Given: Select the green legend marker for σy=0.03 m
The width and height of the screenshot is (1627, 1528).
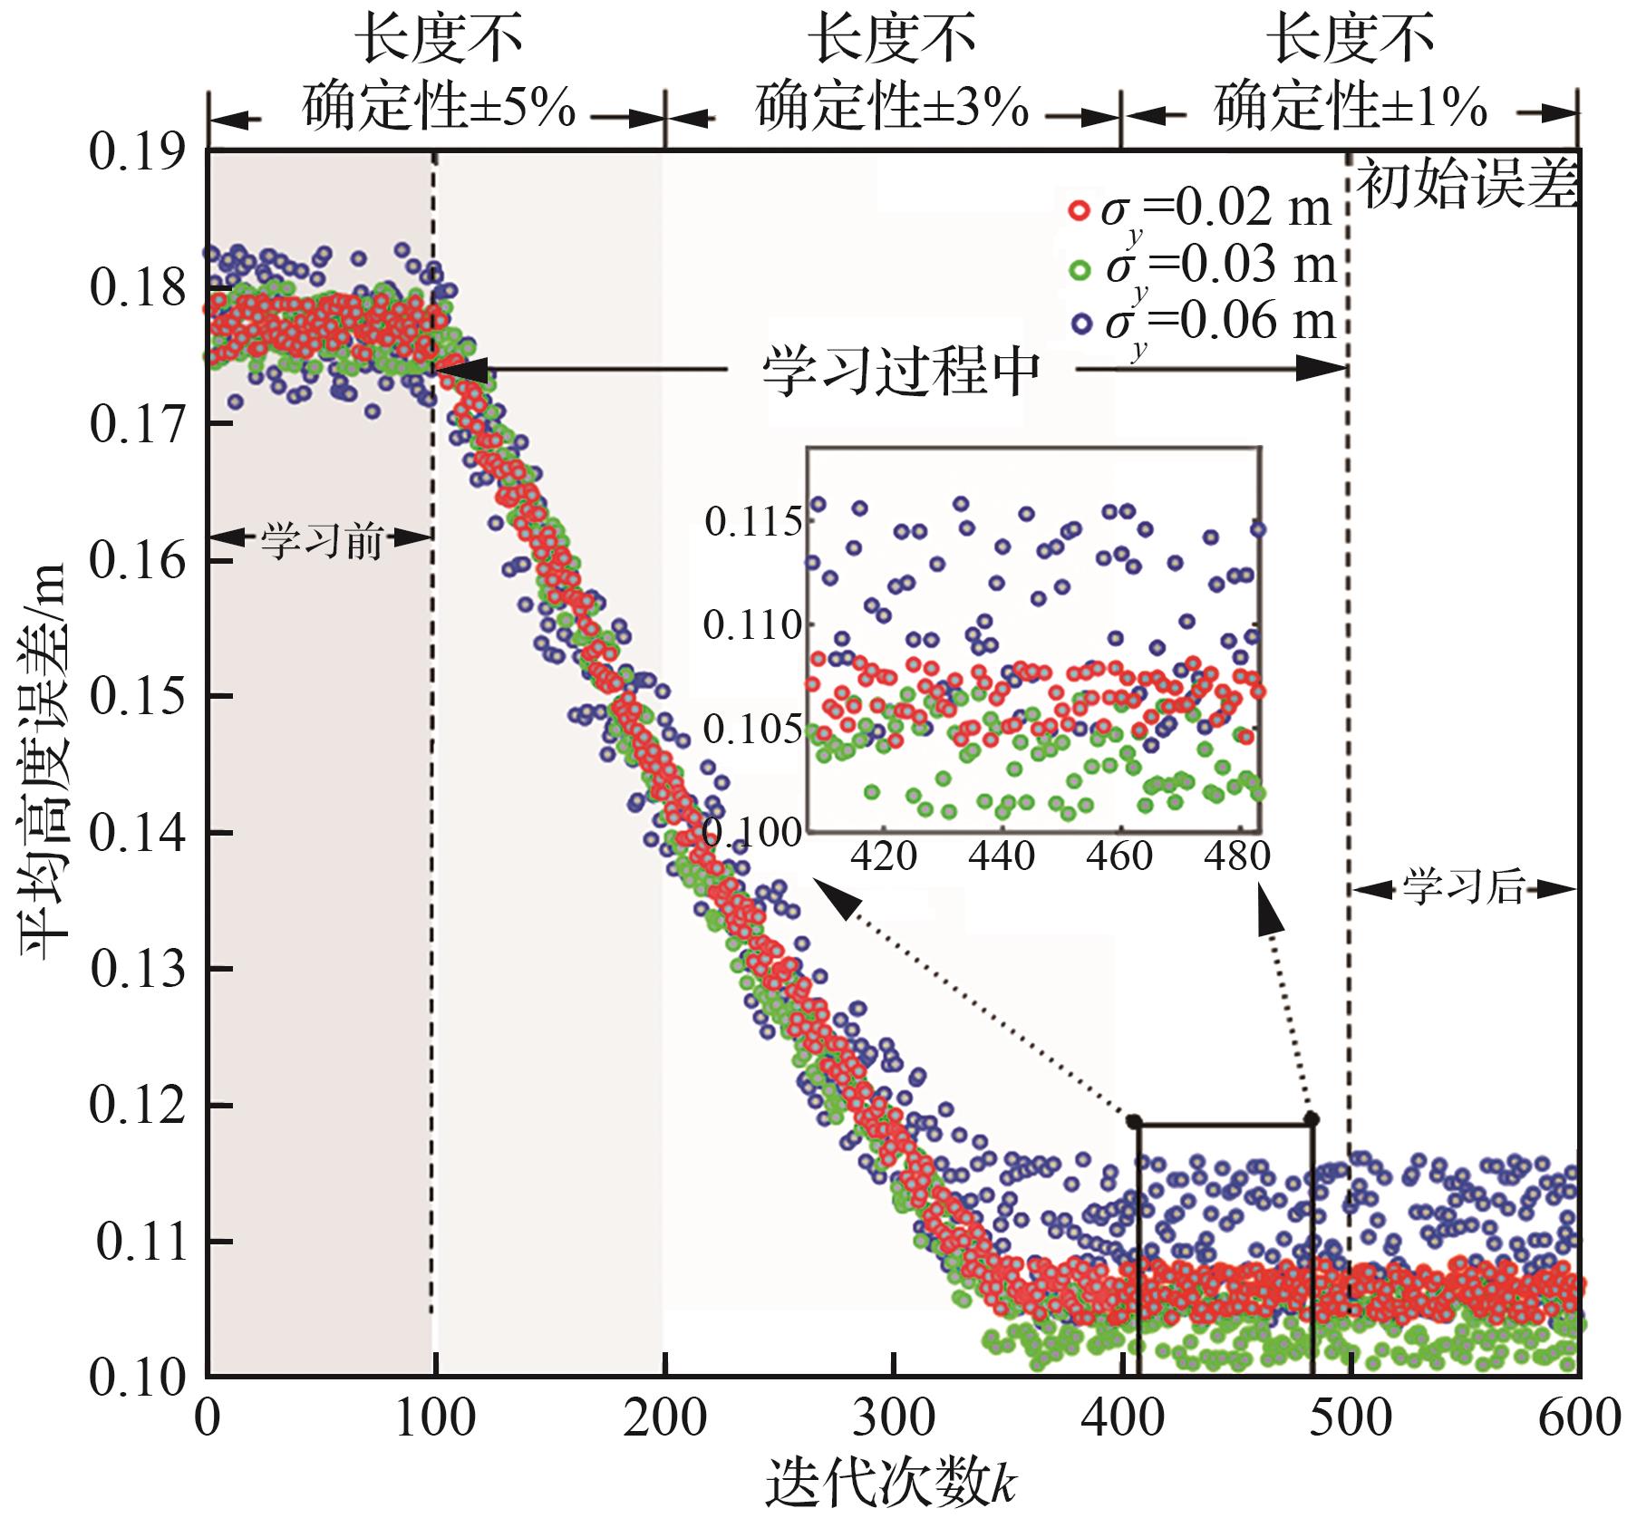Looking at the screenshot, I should (x=1078, y=268).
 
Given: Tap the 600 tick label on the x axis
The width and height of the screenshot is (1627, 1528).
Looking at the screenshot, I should (x=1579, y=1418).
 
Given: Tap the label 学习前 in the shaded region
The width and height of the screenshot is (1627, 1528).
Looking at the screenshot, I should (x=321, y=540).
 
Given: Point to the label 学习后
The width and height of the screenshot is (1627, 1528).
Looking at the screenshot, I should (x=1464, y=888).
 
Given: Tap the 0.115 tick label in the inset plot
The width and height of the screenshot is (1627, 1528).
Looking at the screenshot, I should (x=753, y=522).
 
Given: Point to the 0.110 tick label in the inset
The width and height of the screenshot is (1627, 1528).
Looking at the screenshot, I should (x=753, y=625).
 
